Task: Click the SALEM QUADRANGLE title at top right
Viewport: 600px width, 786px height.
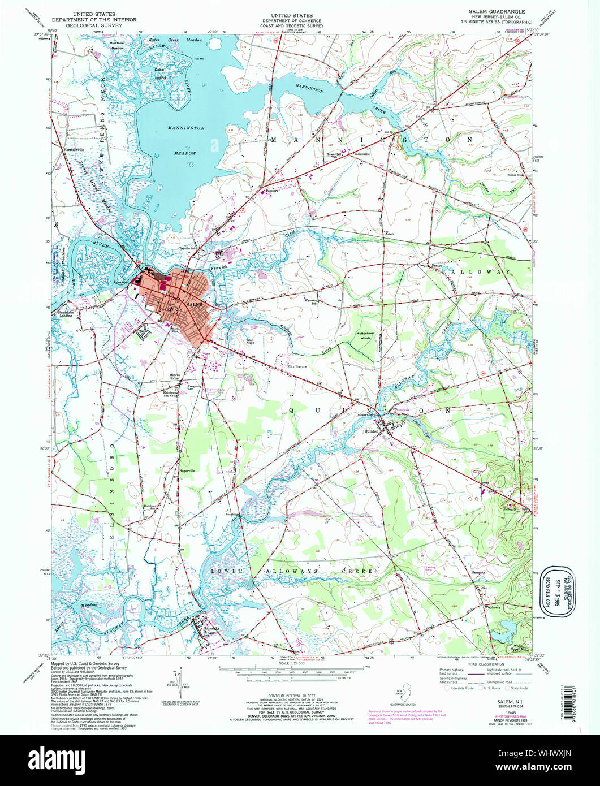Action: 496,11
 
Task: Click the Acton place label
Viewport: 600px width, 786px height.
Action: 389,233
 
